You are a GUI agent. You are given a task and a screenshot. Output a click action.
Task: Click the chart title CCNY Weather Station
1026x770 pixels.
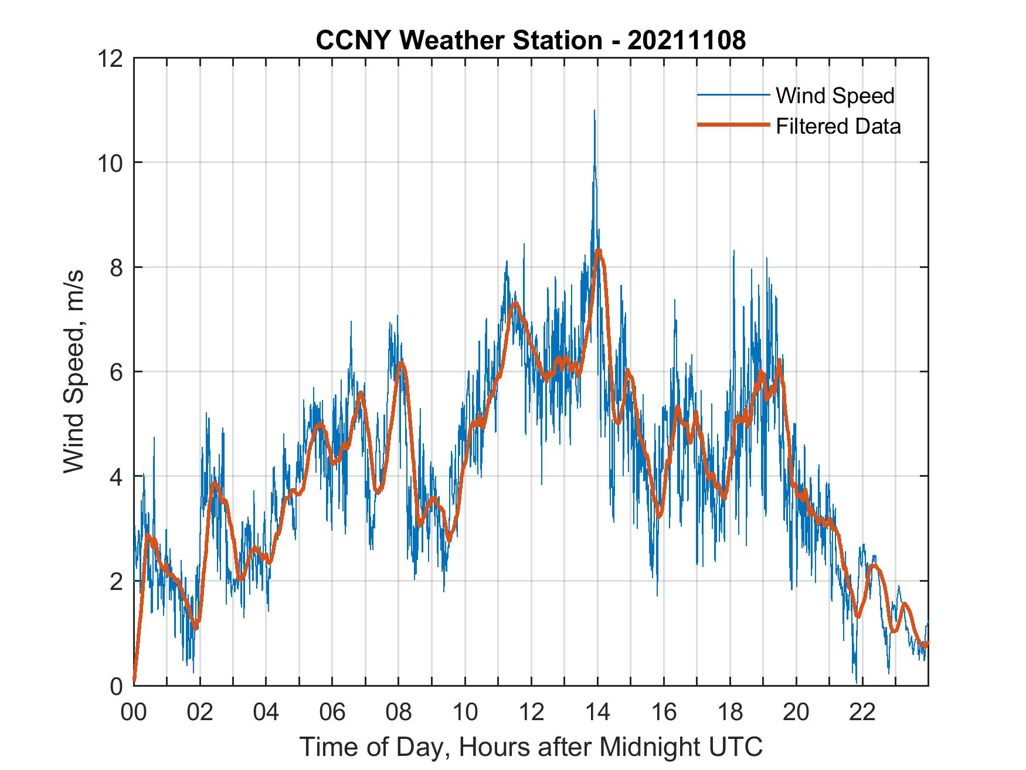[x=458, y=40]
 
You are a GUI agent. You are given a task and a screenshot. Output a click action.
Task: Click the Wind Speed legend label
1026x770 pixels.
[x=835, y=96]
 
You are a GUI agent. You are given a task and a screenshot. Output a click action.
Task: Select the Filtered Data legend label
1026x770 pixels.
[x=838, y=126]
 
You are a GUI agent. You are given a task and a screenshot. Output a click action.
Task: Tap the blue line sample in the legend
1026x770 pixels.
[x=733, y=95]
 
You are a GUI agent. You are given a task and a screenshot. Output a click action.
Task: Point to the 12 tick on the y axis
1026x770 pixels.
[x=111, y=59]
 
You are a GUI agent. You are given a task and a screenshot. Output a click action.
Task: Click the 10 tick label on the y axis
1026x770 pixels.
[x=111, y=163]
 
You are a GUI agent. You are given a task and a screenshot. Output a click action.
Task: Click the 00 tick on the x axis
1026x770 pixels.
[x=134, y=713]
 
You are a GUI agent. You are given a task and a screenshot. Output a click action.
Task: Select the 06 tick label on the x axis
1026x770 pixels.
[x=332, y=713]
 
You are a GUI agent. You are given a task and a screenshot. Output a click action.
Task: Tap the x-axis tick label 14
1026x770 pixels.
[x=597, y=713]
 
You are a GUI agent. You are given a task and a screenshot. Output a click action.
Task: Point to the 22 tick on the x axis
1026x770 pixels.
[x=862, y=713]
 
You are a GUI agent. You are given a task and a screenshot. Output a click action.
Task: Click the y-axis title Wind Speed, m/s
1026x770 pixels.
[x=74, y=371]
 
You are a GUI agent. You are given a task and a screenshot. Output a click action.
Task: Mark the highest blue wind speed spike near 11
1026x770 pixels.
[x=594, y=111]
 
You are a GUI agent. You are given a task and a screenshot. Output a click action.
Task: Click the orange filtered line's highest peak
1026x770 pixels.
[x=598, y=251]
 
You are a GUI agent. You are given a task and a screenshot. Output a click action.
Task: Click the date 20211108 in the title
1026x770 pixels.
[x=687, y=40]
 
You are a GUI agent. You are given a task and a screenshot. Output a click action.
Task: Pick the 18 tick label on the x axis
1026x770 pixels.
[x=730, y=713]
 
